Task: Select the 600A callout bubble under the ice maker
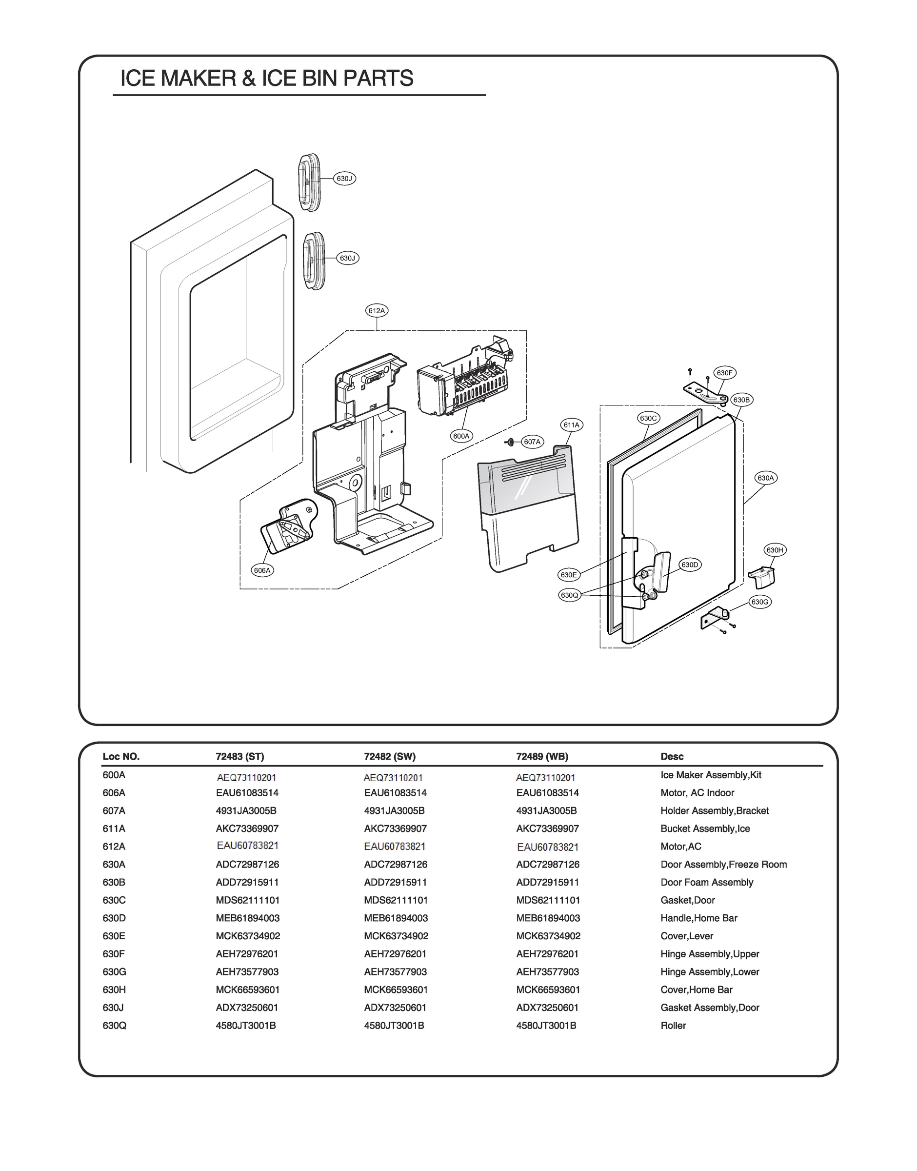tap(461, 436)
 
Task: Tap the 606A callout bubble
tap(262, 570)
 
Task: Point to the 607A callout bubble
tap(532, 442)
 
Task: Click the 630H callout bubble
tap(775, 550)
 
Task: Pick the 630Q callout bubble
tap(569, 595)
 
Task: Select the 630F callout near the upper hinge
tap(724, 373)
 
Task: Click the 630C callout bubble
tap(648, 418)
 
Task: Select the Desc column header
tap(672, 756)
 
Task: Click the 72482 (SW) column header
tap(389, 756)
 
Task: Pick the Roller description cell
tap(673, 1026)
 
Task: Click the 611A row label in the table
tap(114, 828)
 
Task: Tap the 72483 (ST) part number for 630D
tap(247, 918)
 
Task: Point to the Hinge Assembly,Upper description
tap(709, 953)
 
